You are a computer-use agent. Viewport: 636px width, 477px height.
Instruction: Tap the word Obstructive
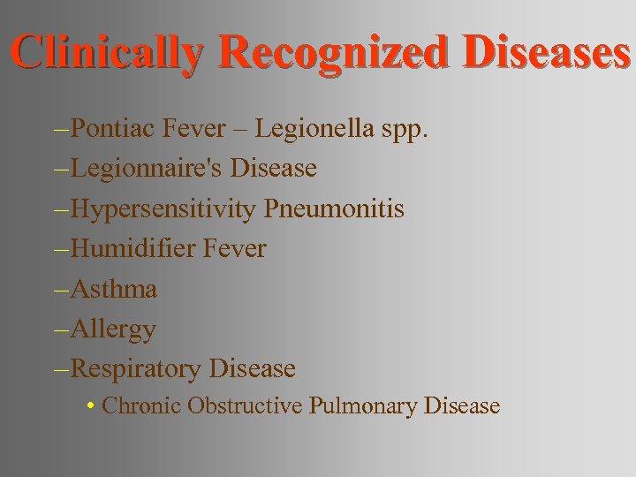(x=238, y=406)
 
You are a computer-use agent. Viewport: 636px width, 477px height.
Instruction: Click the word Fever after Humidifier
(x=234, y=249)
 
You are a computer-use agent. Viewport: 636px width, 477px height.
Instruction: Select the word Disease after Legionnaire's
(x=273, y=168)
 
